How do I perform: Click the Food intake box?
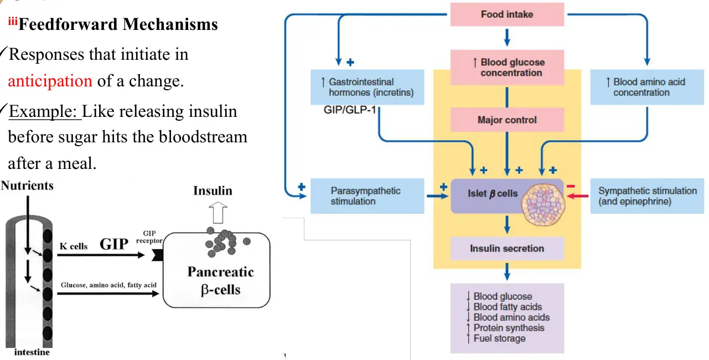[507, 14]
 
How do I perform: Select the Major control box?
[507, 120]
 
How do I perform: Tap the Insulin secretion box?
[507, 248]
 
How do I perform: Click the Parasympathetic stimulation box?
[367, 196]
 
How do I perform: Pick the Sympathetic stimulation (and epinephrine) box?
[647, 196]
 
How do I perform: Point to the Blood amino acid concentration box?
[647, 87]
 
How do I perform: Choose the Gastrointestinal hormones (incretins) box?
[367, 87]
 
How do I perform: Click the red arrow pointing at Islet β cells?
[578, 196]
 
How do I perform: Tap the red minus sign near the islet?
[571, 186]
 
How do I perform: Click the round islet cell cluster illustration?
[543, 204]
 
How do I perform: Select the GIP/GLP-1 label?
[350, 110]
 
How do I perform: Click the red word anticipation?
[50, 81]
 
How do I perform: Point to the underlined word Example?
[45, 111]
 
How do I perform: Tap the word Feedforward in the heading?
[68, 24]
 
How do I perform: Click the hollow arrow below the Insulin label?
[218, 213]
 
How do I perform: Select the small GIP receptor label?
[149, 237]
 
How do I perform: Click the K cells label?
[74, 246]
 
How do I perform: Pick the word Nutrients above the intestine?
[27, 186]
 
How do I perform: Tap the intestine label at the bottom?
[32, 352]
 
